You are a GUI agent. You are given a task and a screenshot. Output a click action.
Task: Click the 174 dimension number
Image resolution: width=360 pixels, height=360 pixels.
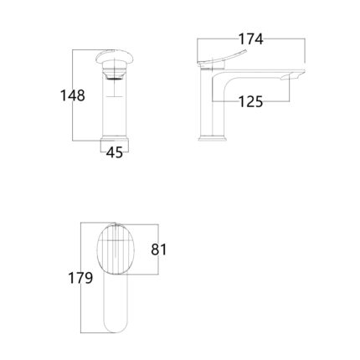pyautogui.click(x=251, y=39)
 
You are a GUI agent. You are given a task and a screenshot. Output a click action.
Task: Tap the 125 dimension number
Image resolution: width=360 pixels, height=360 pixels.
pyautogui.click(x=251, y=101)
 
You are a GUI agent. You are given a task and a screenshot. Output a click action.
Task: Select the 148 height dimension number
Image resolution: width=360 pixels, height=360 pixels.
pyautogui.click(x=73, y=95)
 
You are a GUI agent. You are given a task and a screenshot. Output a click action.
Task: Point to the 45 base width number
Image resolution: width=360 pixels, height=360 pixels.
pyautogui.click(x=115, y=152)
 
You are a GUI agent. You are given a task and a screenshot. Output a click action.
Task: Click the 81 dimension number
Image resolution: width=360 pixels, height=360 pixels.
pyautogui.click(x=159, y=249)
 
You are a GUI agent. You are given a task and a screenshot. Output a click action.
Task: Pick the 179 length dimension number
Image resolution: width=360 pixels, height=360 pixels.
pyautogui.click(x=80, y=278)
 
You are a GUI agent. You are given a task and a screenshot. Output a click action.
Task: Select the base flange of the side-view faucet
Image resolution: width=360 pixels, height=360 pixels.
pyautogui.click(x=212, y=139)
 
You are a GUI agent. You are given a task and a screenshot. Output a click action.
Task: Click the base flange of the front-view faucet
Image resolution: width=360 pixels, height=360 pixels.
pyautogui.click(x=115, y=139)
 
